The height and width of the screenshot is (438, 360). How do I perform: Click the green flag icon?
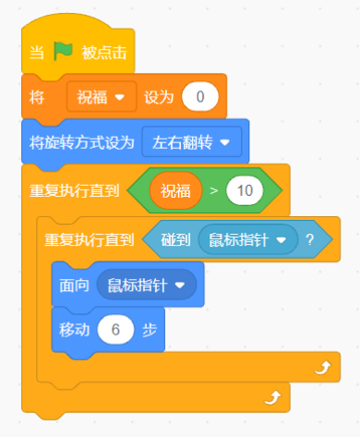(62, 52)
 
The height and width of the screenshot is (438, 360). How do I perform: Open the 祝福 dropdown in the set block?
(102, 96)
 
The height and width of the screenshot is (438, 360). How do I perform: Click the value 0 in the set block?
(200, 96)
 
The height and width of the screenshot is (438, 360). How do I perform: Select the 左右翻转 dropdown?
(192, 141)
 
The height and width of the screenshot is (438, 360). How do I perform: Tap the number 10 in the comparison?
(246, 191)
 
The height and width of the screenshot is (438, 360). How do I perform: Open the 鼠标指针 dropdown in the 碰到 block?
(250, 239)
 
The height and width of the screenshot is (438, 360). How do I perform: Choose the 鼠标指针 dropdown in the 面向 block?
(147, 286)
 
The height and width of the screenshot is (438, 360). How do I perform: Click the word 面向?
(75, 286)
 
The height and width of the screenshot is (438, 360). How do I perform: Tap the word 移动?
(74, 331)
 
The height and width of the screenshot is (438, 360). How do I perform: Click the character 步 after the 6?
(150, 331)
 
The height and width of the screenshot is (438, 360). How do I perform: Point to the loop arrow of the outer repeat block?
(271, 397)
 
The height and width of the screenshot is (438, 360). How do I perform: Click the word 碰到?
(175, 239)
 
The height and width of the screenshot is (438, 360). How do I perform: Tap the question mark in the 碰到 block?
(309, 239)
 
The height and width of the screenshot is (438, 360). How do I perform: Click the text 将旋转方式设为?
(80, 141)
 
